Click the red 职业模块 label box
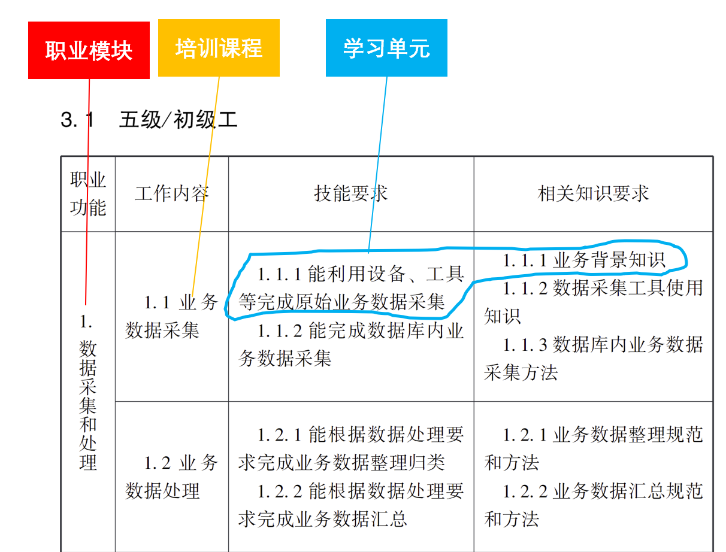(89, 50)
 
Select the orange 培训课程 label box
(219, 48)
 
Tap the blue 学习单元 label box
(386, 48)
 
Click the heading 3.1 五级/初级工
(149, 120)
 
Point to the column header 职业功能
(88, 193)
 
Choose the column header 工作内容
(172, 193)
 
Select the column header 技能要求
(351, 193)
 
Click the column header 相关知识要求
(593, 193)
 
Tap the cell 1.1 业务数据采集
(172, 316)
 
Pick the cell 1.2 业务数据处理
(172, 477)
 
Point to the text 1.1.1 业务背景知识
(584, 260)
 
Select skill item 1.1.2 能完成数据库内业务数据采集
(351, 345)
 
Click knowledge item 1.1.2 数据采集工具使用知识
(593, 302)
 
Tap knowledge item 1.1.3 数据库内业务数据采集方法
(593, 359)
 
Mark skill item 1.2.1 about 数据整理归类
(351, 448)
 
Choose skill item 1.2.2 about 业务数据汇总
(351, 505)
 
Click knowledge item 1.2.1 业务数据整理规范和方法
(593, 448)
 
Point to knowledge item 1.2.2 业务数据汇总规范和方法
(593, 505)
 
